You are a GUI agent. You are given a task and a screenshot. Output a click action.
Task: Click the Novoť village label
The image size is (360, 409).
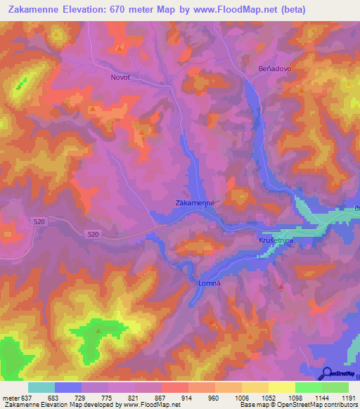click(x=122, y=77)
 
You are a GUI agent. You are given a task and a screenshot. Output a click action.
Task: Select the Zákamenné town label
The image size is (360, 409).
click(x=194, y=203)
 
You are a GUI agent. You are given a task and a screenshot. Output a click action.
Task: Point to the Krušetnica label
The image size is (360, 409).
click(x=267, y=240)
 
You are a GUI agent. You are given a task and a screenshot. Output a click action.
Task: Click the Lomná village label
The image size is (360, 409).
click(x=199, y=283)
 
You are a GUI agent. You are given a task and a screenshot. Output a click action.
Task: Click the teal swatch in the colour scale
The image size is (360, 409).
click(x=41, y=387)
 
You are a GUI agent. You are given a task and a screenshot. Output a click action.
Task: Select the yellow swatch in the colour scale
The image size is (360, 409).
click(x=281, y=387)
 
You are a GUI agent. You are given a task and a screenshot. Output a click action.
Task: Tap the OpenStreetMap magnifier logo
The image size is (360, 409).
click(x=327, y=372)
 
